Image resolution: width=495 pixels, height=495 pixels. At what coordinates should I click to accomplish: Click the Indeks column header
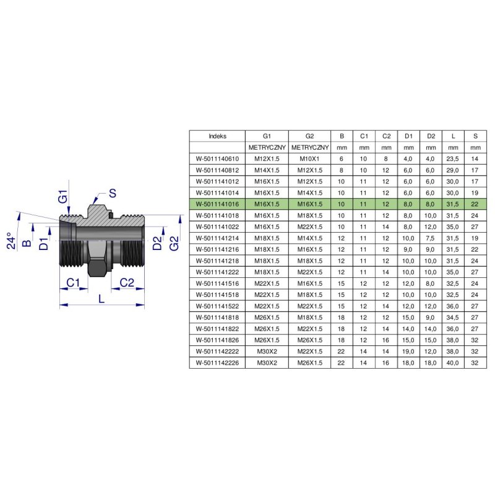[217, 136]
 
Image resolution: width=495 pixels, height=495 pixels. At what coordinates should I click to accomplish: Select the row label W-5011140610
[217, 159]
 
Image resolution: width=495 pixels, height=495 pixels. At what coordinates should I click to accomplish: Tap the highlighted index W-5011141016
[217, 204]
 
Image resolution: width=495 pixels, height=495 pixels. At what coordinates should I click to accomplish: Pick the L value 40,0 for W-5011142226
[452, 363]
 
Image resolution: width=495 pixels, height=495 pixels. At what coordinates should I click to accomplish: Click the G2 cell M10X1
[309, 159]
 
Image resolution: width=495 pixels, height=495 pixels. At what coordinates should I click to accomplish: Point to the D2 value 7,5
[430, 238]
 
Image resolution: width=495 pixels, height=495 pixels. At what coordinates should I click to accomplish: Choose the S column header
[475, 136]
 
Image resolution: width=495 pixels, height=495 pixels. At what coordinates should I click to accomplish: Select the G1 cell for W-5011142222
[267, 351]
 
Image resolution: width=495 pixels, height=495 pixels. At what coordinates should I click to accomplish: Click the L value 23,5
[452, 159]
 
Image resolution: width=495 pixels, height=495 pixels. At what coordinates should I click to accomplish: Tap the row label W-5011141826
[217, 340]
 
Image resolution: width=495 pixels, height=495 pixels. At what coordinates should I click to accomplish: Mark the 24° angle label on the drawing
[11, 241]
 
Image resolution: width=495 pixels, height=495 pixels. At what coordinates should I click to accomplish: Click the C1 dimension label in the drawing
[73, 283]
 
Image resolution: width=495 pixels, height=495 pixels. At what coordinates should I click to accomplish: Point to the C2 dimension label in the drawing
[127, 283]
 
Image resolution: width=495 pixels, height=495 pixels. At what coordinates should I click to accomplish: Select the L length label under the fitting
[101, 298]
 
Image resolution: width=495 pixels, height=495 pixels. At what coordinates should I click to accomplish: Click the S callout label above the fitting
[113, 193]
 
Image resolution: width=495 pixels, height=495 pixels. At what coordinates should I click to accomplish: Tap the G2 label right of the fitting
[174, 243]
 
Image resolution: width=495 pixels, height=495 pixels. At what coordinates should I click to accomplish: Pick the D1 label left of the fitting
[44, 244]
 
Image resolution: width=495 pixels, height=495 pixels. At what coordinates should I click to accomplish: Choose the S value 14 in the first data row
[475, 159]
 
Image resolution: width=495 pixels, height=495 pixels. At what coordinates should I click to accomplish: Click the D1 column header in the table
[408, 136]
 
